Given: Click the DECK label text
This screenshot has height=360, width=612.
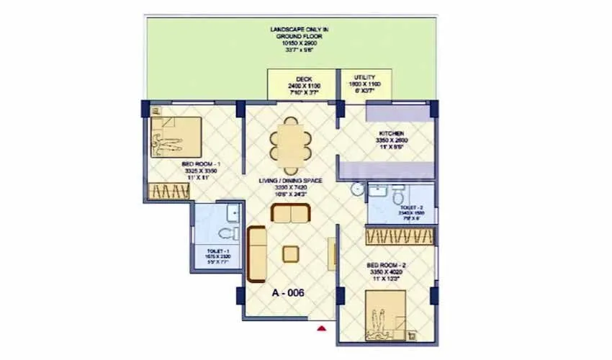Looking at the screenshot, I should tap(302, 80).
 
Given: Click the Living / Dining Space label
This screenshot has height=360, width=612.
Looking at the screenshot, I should tap(290, 181).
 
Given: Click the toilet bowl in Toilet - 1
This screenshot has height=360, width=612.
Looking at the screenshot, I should tap(228, 233).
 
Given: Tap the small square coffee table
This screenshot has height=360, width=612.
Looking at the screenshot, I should tap(291, 254).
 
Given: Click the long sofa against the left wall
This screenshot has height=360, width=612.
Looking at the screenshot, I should tap(256, 253).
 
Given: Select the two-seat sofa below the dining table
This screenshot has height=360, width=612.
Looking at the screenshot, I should tap(290, 214).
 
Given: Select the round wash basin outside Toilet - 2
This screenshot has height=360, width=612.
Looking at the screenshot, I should tap(356, 189).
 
